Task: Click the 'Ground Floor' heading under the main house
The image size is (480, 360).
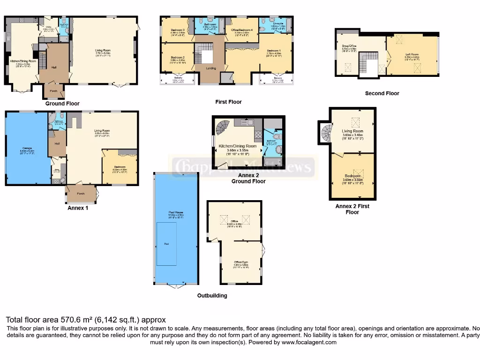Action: click(62, 104)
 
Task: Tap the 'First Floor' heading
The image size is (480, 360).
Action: click(228, 102)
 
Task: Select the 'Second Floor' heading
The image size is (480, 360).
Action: click(382, 93)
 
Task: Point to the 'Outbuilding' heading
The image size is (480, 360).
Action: click(212, 296)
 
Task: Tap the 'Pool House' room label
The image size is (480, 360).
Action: click(175, 212)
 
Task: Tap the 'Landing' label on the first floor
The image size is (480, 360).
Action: click(211, 68)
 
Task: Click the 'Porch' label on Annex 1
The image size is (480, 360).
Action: click(81, 193)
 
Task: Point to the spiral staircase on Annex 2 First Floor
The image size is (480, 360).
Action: click(325, 133)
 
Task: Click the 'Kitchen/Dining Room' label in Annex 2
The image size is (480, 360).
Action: click(238, 146)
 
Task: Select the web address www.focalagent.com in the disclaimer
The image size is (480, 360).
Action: click(309, 342)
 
